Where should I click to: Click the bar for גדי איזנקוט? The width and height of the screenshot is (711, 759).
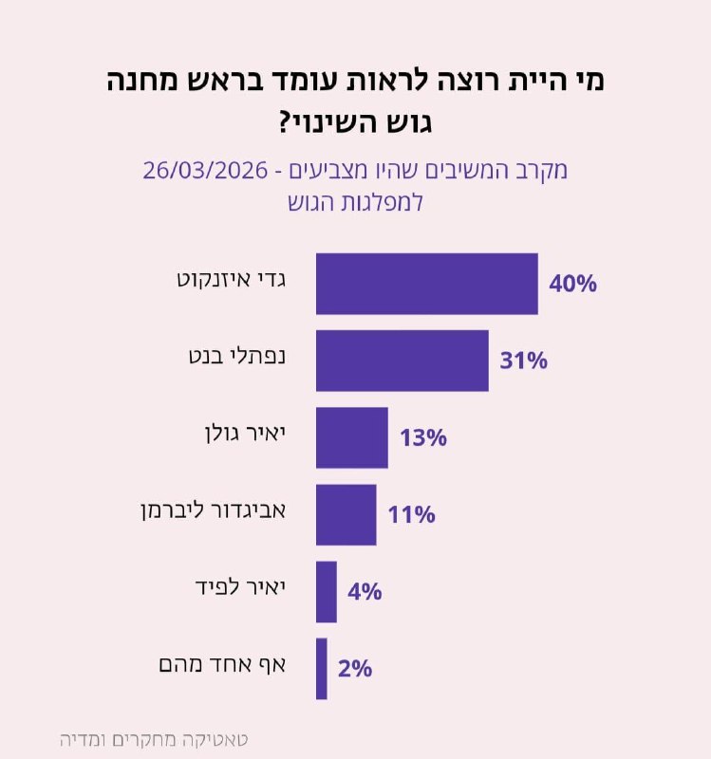click(x=426, y=284)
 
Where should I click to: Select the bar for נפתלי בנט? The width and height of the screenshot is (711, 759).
click(x=402, y=361)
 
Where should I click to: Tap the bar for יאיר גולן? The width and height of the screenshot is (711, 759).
click(x=351, y=437)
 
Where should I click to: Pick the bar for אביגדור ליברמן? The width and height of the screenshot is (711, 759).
click(x=346, y=514)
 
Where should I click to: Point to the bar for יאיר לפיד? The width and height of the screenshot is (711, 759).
click(x=326, y=591)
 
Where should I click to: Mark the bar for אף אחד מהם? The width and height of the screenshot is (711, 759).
click(x=321, y=668)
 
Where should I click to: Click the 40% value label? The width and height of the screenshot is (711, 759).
click(x=572, y=284)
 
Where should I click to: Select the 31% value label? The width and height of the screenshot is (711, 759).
click(x=523, y=361)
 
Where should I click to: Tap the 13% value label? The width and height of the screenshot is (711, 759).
click(x=422, y=437)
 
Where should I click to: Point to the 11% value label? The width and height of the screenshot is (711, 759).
click(x=411, y=514)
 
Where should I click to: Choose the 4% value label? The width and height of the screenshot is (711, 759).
click(x=365, y=591)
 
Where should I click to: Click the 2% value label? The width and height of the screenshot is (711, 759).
click(x=354, y=668)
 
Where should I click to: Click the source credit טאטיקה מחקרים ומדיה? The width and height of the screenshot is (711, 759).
click(x=152, y=738)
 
